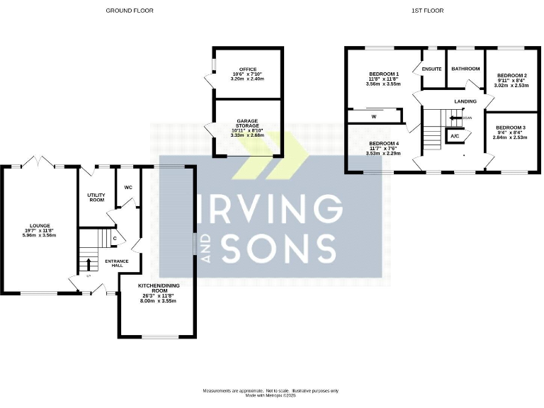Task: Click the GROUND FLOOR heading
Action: click(129, 11)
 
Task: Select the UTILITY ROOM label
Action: click(96, 197)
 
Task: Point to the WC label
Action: click(128, 188)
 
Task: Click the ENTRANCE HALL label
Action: click(117, 264)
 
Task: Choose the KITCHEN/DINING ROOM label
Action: click(157, 292)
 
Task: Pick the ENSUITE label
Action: click(432, 69)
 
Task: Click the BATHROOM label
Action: click(465, 69)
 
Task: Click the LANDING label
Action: click(465, 102)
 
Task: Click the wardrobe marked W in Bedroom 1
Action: click(373, 115)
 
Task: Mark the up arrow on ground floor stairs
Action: click(88, 264)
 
